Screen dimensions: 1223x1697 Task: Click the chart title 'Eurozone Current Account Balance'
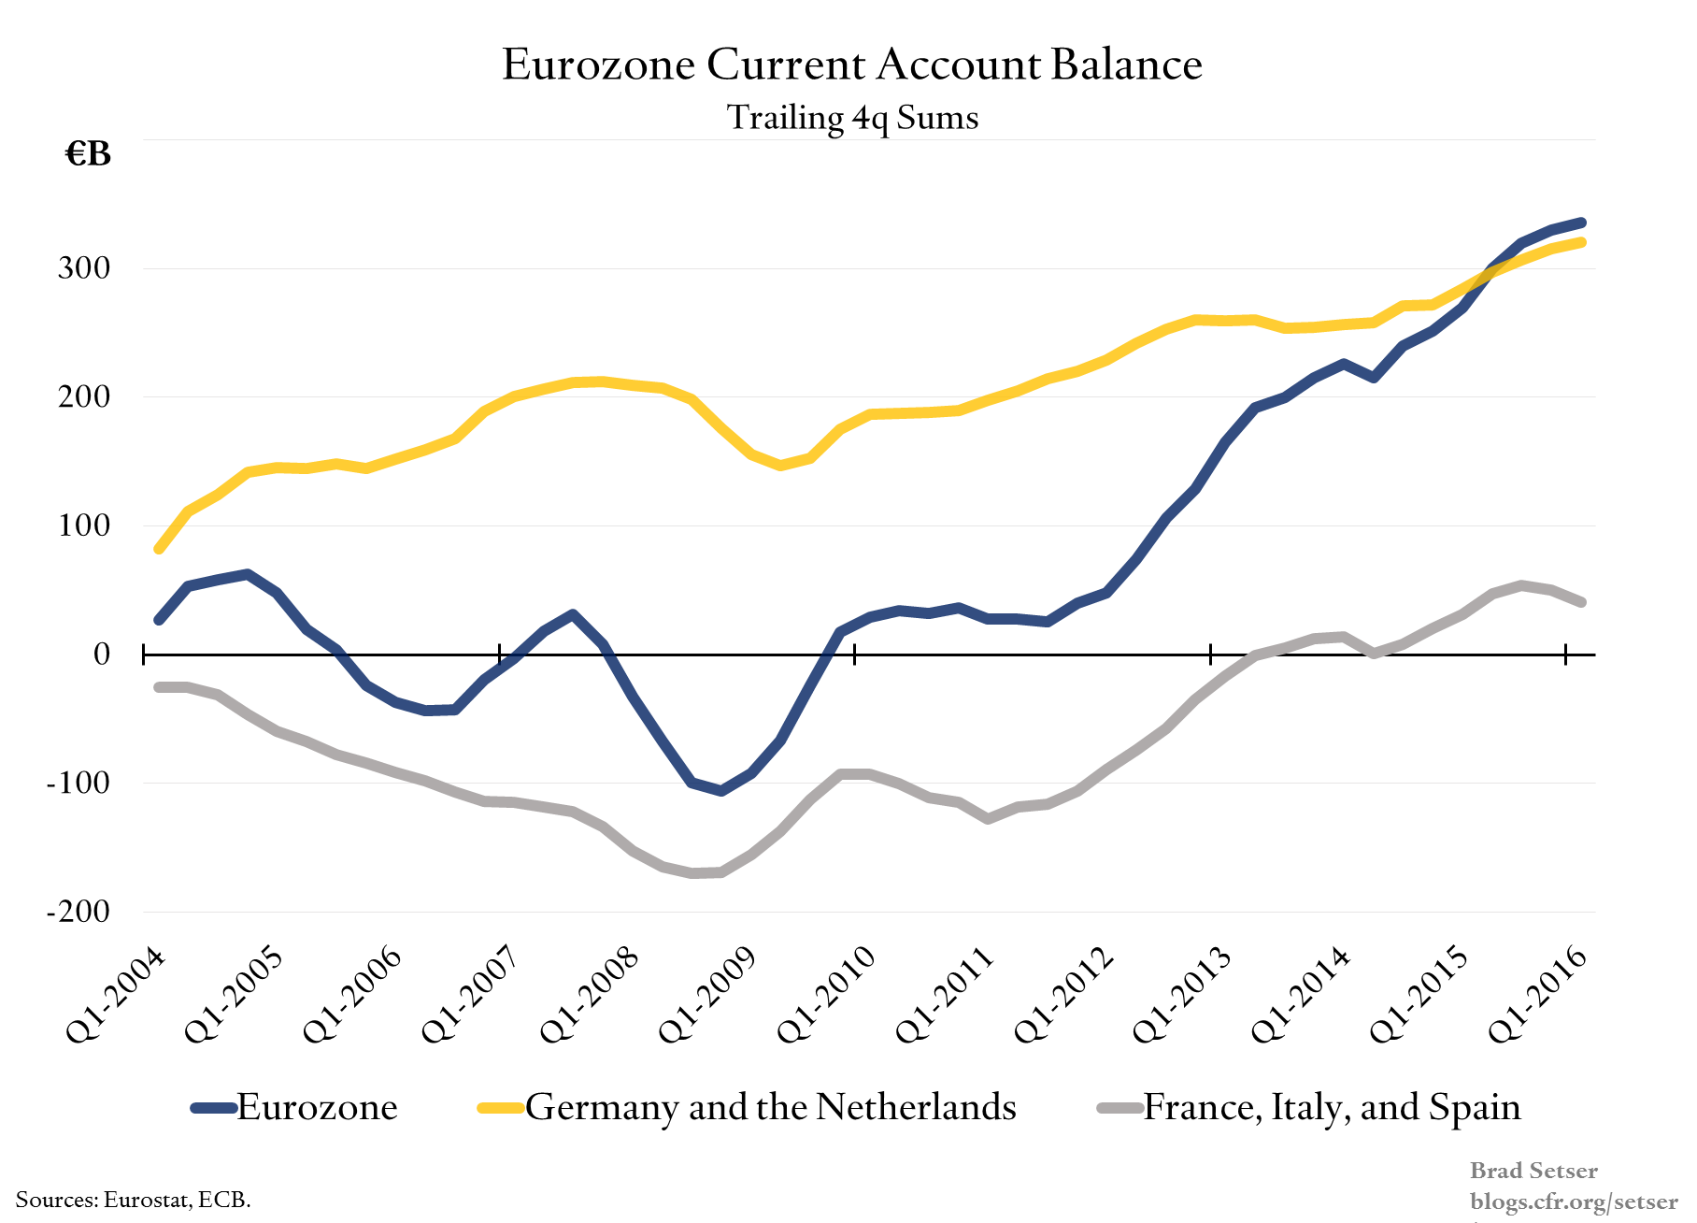tap(851, 65)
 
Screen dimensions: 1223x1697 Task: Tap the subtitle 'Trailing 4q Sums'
tap(852, 118)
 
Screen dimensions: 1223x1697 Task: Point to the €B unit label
tap(88, 154)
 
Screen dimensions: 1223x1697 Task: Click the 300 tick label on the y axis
tap(84, 268)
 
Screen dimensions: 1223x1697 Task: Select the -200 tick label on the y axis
tap(78, 912)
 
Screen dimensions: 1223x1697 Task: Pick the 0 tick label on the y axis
tap(102, 655)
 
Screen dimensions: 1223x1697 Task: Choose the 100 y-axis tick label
tap(84, 525)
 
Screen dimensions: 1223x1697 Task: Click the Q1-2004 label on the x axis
tap(116, 995)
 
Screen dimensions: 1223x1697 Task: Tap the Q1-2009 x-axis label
tap(707, 995)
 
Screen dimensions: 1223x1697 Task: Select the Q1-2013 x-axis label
tap(1182, 995)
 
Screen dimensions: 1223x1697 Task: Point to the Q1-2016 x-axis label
tap(1537, 995)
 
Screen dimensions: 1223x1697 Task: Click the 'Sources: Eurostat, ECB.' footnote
tap(133, 1200)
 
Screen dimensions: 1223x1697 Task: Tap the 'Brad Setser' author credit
tap(1533, 1171)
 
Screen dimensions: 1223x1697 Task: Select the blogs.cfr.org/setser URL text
tap(1574, 1201)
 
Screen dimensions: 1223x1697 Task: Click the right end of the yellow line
tap(1581, 243)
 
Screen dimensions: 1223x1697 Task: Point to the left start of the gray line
tap(159, 687)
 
